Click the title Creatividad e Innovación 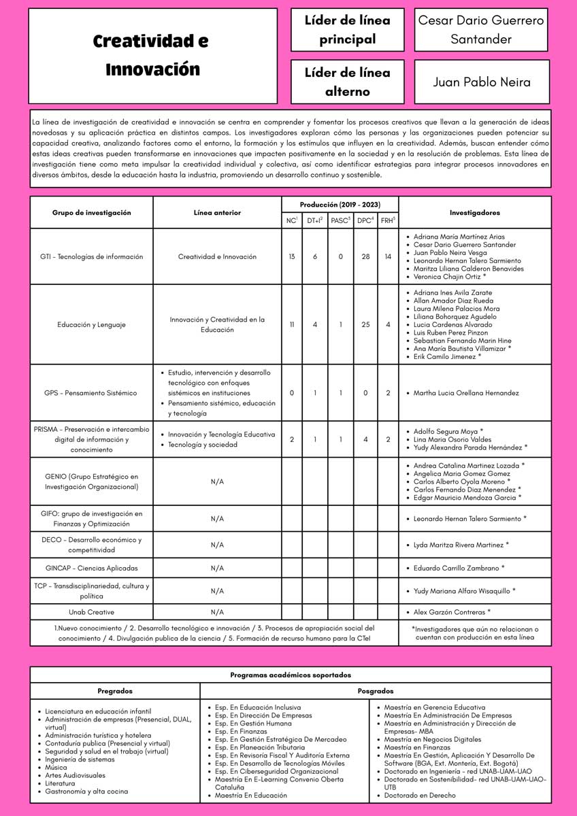tap(151, 56)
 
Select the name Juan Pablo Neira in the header tap(482, 82)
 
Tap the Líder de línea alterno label tap(347, 82)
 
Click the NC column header tap(291, 220)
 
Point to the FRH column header tap(388, 220)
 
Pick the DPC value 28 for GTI tap(365, 257)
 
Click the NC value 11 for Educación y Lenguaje tap(292, 325)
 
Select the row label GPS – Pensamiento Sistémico tap(90, 393)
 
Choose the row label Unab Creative tap(91, 612)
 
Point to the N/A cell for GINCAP tap(217, 568)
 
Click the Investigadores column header tap(474, 213)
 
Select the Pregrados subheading tap(115, 691)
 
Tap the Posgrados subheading tap(376, 691)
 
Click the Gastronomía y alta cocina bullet tap(86, 791)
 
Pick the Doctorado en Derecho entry tap(420, 795)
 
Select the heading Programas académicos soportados tap(291, 675)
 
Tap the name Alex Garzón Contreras tap(451, 612)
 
